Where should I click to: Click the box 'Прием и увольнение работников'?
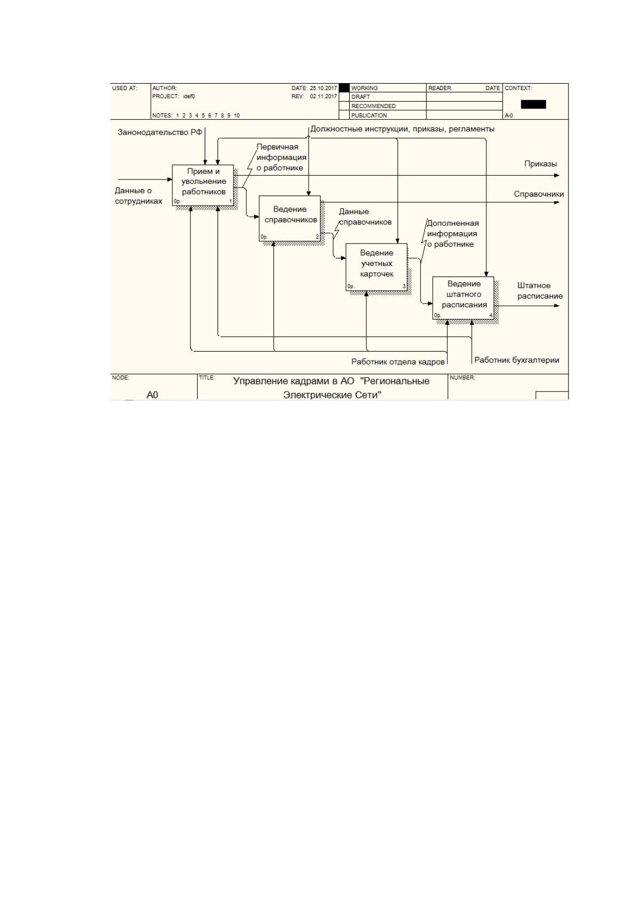[203, 185]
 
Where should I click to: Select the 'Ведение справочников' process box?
[290, 218]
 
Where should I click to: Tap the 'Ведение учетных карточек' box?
[376, 267]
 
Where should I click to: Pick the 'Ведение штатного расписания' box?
[463, 298]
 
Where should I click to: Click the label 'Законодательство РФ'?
[160, 132]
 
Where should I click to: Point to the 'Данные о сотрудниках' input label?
[138, 196]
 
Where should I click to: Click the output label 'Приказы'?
[541, 164]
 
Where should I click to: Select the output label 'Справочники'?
[539, 194]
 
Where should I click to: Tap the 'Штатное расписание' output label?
[540, 291]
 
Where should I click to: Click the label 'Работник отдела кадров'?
[398, 362]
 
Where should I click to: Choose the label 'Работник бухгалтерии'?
[517, 360]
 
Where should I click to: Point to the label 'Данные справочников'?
[365, 217]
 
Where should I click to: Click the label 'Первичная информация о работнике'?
[282, 157]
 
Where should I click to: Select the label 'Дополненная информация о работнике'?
[453, 233]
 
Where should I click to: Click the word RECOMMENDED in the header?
[373, 106]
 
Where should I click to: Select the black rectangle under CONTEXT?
[533, 104]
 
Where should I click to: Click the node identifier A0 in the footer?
[152, 395]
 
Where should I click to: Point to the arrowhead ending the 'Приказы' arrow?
[557, 175]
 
